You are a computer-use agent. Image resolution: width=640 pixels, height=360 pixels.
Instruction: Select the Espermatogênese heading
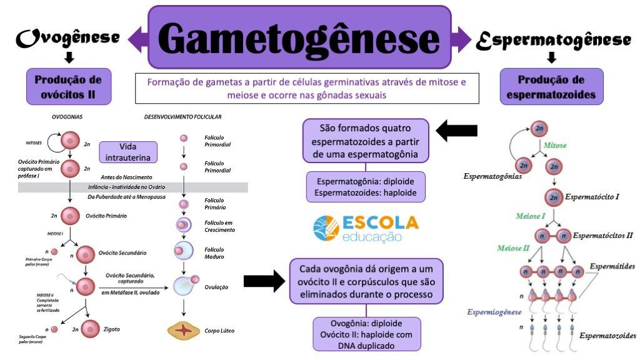tap(552, 39)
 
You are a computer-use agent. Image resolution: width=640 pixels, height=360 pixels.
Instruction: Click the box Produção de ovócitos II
tap(69, 86)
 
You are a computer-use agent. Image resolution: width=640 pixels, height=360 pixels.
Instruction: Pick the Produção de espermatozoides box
tap(552, 86)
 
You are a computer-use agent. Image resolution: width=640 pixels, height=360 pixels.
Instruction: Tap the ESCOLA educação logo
tap(366, 229)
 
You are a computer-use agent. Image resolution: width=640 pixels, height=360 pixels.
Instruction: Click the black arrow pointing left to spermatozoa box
tap(456, 131)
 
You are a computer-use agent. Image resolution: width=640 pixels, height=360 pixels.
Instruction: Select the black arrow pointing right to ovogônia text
tap(264, 282)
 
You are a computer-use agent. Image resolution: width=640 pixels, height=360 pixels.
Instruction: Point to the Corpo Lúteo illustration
tap(184, 330)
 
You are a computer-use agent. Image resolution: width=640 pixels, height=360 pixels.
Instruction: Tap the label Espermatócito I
tap(592, 197)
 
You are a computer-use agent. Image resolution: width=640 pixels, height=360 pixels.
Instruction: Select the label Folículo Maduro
tap(214, 253)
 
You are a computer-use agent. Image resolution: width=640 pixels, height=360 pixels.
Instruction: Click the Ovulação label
tap(216, 287)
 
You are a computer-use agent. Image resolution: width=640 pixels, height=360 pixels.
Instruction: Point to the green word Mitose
tap(554, 145)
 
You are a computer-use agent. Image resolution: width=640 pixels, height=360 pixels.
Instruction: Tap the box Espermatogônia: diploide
tap(366, 187)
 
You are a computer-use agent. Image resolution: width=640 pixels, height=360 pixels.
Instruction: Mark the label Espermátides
tap(612, 266)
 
